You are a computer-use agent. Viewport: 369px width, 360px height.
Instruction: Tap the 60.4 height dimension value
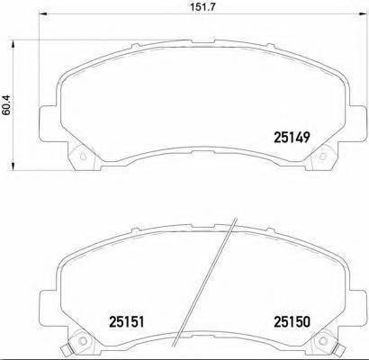point(7,103)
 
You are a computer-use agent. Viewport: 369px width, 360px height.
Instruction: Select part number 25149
point(291,138)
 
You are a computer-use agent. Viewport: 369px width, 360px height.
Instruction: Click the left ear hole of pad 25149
point(82,163)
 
